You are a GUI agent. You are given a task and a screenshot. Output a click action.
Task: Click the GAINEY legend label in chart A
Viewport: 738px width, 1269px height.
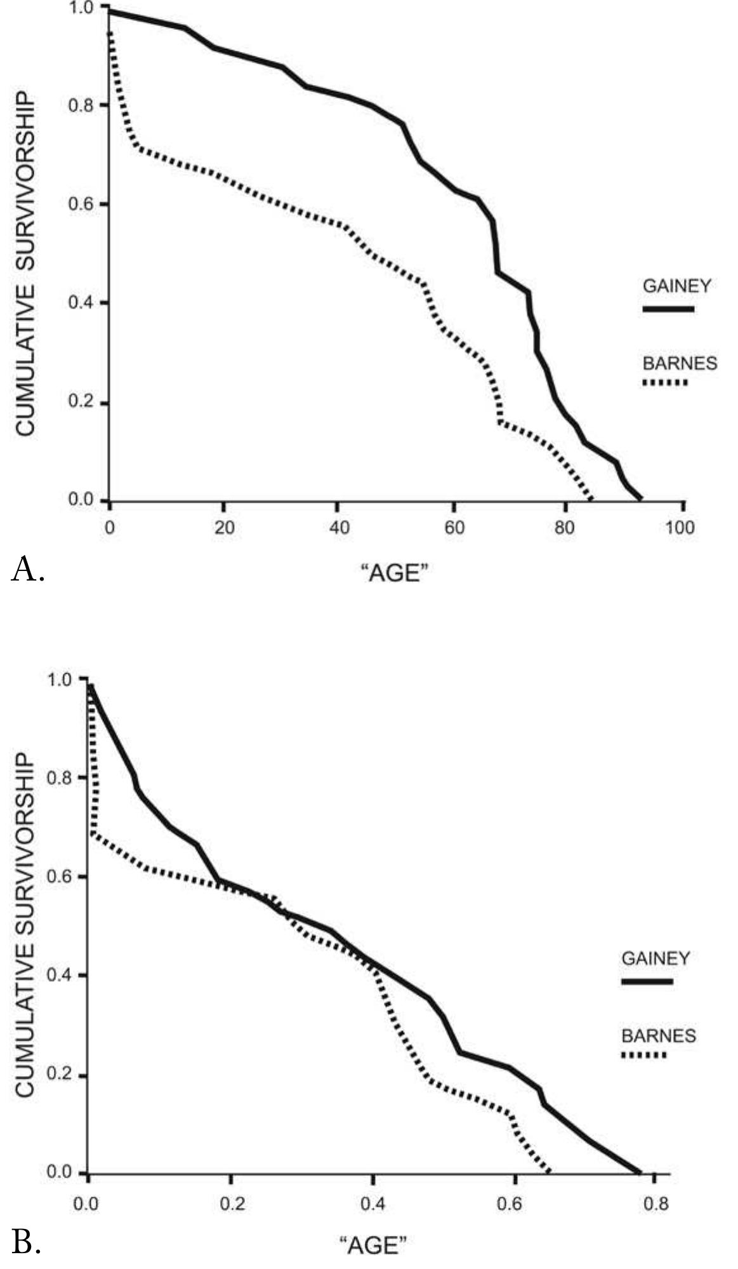677,286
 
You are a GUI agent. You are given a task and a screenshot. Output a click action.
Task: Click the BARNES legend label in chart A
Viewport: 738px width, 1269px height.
680,363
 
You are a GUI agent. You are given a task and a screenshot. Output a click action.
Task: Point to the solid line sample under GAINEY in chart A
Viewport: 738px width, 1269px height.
668,309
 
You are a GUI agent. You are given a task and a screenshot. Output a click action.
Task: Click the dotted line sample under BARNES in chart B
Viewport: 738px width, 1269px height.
643,1055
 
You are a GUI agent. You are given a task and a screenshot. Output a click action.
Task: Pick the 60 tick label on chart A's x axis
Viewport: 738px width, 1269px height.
454,528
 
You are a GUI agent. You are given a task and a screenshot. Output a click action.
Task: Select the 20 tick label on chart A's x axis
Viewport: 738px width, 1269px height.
224,528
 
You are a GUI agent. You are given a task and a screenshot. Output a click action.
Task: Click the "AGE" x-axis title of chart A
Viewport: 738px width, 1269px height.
395,574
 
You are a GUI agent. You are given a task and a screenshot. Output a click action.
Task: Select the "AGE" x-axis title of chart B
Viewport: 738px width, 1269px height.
373,1245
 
